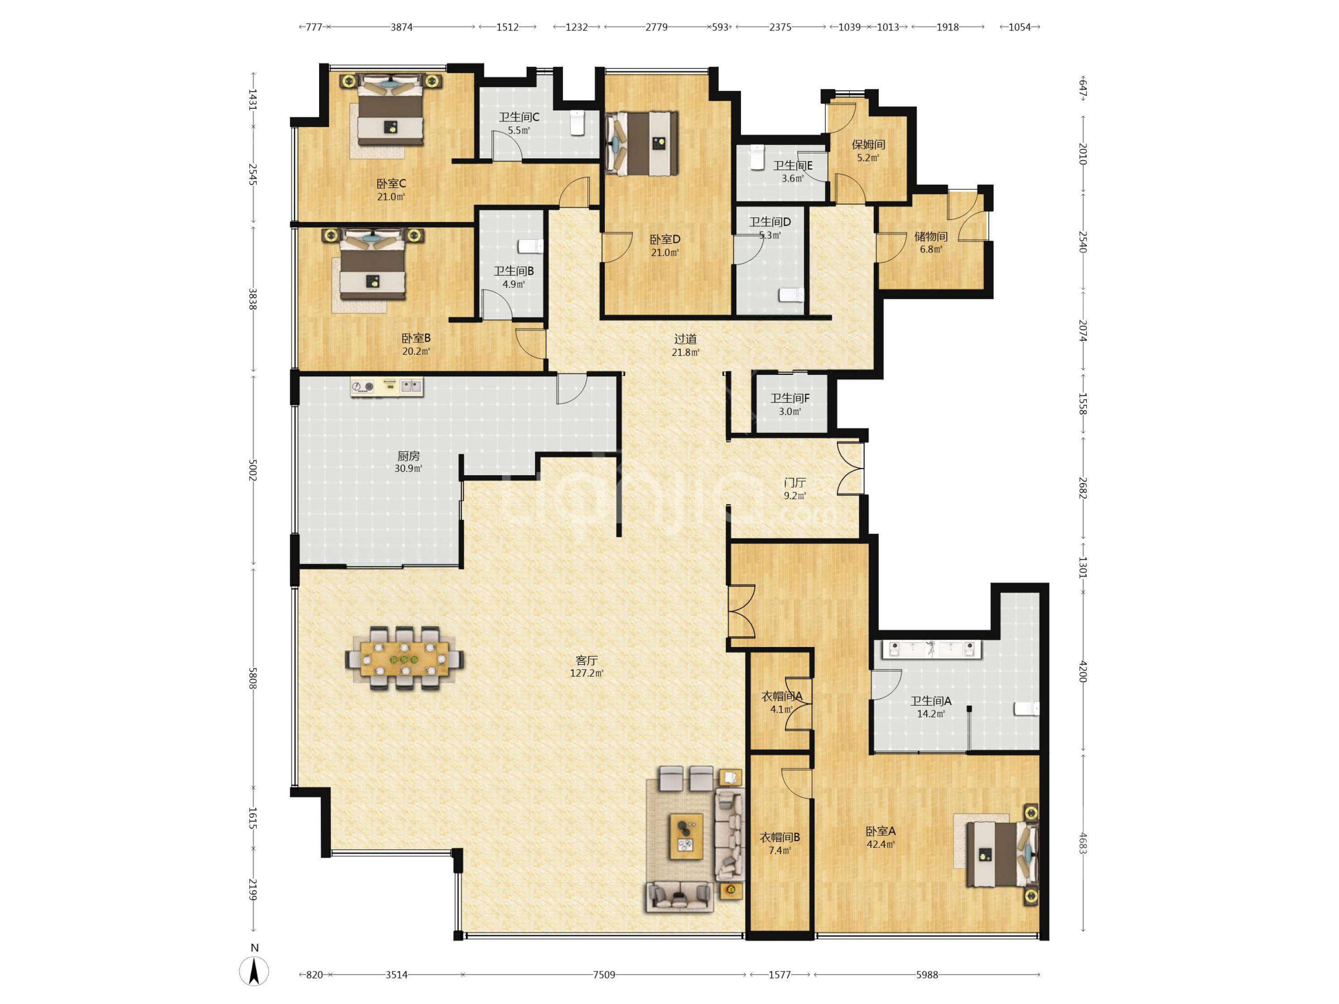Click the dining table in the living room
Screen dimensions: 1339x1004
pyautogui.click(x=405, y=658)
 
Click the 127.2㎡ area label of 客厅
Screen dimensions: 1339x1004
pyautogui.click(x=586, y=673)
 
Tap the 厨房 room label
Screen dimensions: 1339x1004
pyautogui.click(x=408, y=456)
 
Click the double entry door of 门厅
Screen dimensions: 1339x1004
pyautogui.click(x=850, y=469)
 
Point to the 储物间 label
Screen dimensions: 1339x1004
pyautogui.click(x=931, y=236)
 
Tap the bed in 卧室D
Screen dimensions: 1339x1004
pyautogui.click(x=642, y=143)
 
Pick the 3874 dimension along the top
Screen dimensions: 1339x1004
pyautogui.click(x=401, y=27)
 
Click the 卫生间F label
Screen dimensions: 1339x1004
pyautogui.click(x=790, y=398)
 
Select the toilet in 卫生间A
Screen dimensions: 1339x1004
pyautogui.click(x=1027, y=709)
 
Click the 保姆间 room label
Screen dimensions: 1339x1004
pyautogui.click(x=869, y=144)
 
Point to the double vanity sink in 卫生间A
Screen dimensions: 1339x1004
pyautogui.click(x=931, y=649)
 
